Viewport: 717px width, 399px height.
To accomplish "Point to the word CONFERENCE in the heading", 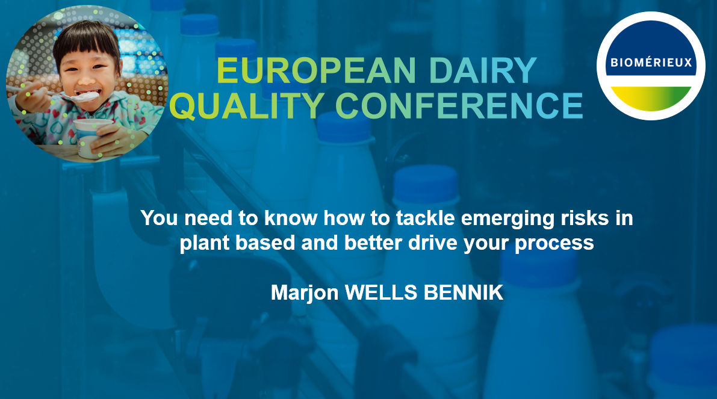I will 459,105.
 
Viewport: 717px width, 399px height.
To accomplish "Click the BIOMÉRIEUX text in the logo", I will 650,63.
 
